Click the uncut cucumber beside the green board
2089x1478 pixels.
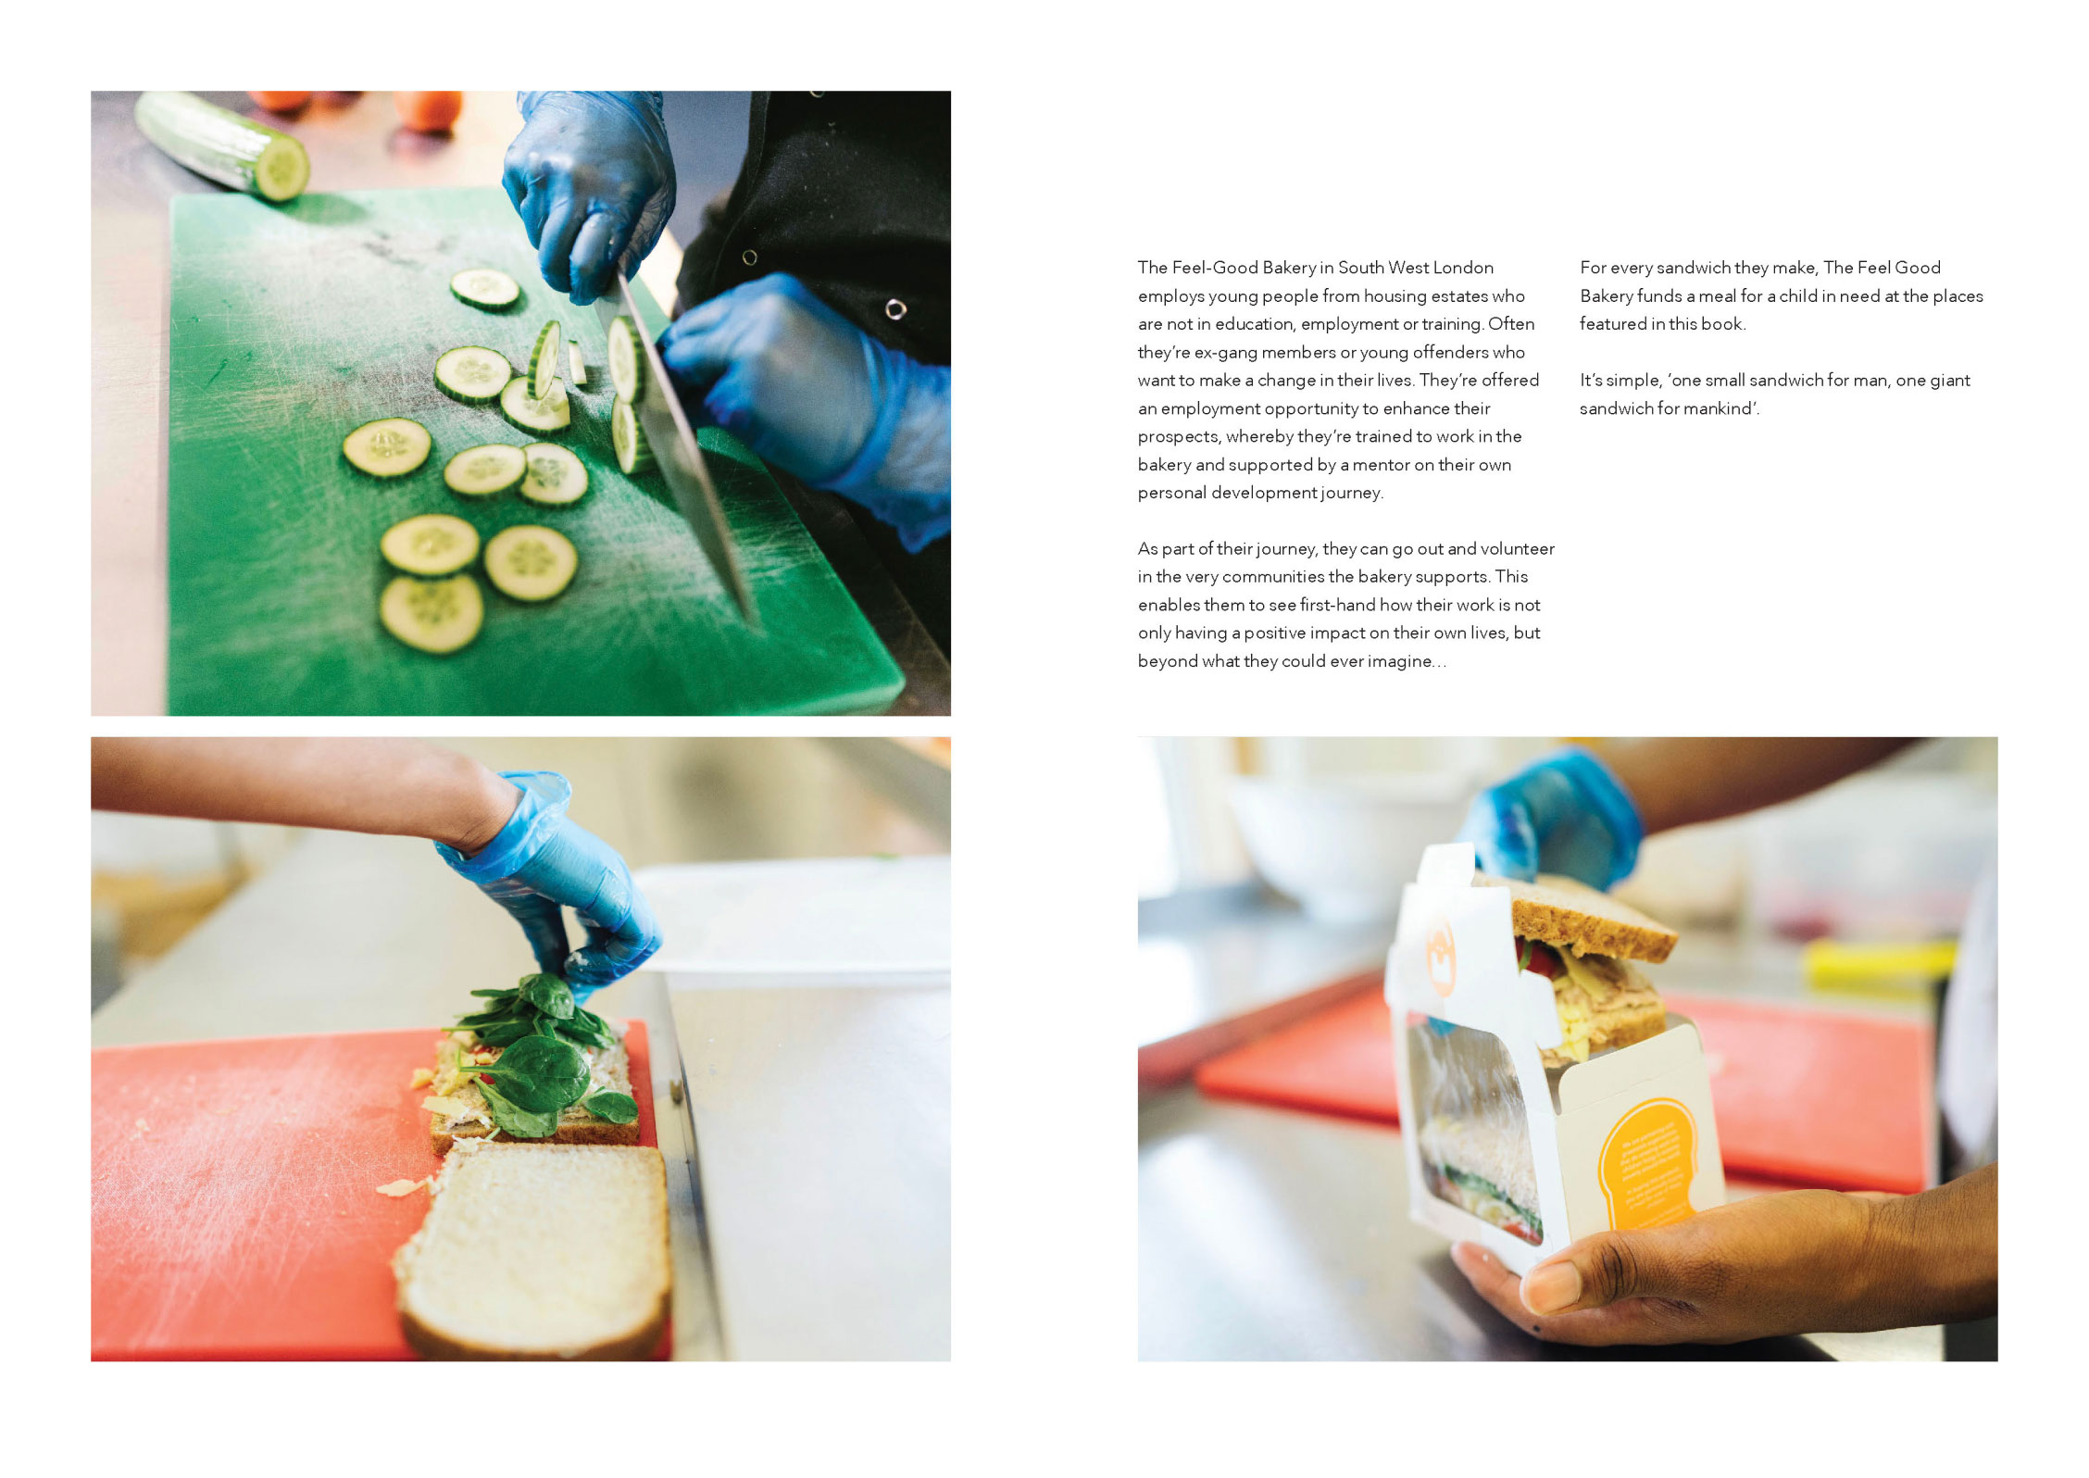[222, 145]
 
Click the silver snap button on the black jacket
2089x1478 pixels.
[894, 309]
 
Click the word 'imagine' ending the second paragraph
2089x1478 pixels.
[1402, 661]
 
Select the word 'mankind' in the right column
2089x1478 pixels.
[1720, 408]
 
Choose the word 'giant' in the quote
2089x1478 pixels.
[1950, 381]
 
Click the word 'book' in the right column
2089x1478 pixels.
[1725, 324]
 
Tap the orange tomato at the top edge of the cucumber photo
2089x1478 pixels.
[428, 109]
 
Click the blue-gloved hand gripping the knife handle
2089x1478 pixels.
[590, 194]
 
